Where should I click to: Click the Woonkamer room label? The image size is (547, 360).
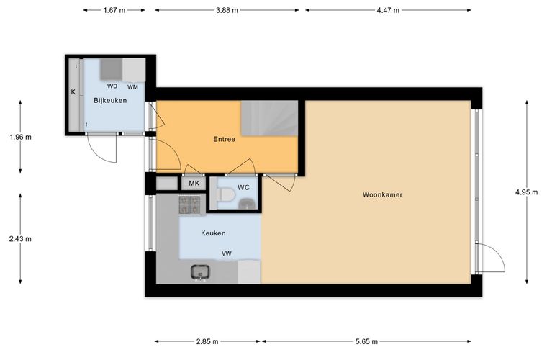coord(382,194)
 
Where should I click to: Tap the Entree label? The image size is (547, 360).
coord(224,139)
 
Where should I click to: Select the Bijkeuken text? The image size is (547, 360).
coord(110,101)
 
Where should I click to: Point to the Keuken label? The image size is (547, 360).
coord(213,233)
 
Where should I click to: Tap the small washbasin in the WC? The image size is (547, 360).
coord(247,203)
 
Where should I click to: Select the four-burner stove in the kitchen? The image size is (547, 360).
coord(189,204)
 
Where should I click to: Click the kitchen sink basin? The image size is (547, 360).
coord(200,271)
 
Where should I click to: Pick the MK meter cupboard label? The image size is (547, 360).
coord(194,183)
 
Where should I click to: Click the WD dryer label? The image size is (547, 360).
coord(112,86)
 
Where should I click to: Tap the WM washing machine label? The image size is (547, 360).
coord(132,87)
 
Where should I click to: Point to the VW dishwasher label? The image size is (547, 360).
coord(227,253)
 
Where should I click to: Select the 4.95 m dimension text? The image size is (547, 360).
coord(526,192)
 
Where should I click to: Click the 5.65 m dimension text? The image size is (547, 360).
coord(366,341)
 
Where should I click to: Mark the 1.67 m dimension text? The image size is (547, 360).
coord(114,10)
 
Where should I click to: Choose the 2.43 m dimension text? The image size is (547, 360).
coord(20,239)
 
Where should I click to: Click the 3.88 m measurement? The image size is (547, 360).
coord(227,10)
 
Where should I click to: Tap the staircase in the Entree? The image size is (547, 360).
coord(270,118)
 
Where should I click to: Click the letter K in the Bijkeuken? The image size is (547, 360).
coord(73,92)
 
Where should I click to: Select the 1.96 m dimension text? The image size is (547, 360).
coord(21,137)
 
